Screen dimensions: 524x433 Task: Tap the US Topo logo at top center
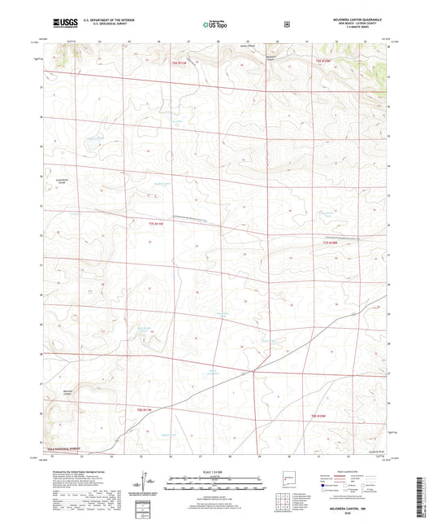[214, 25]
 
